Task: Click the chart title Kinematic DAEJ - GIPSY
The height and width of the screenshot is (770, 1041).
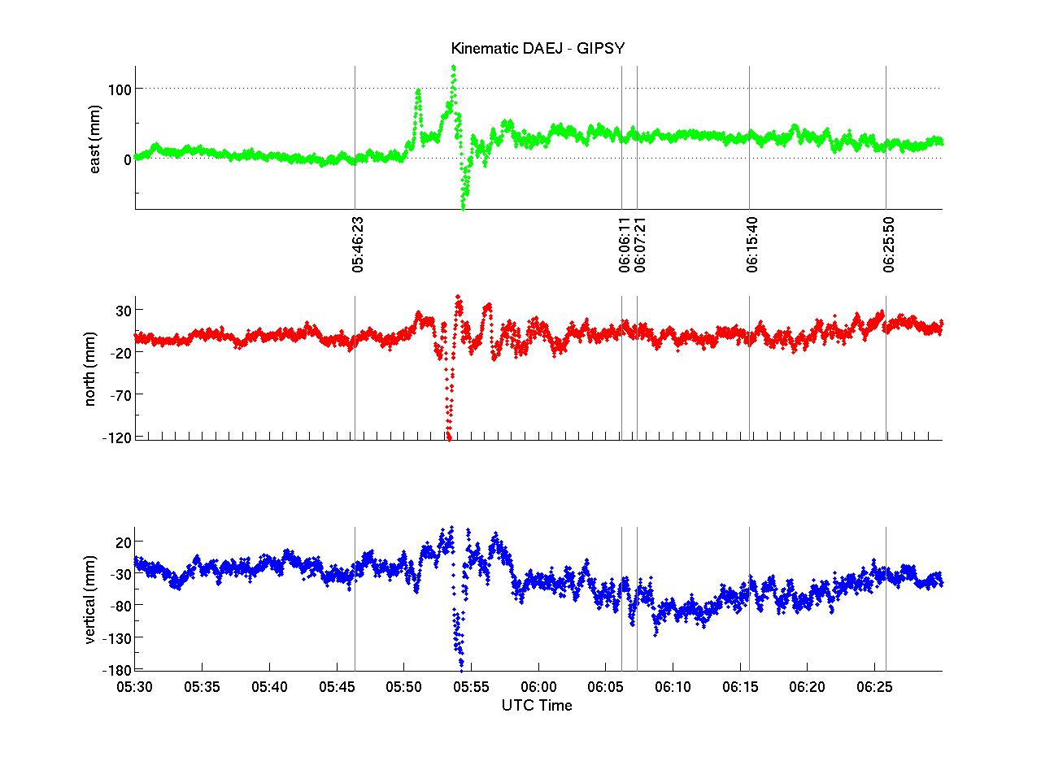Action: click(538, 50)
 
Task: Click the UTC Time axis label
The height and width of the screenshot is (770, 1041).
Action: click(537, 705)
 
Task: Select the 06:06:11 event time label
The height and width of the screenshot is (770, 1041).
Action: click(625, 243)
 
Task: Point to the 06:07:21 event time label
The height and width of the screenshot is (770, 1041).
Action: click(640, 243)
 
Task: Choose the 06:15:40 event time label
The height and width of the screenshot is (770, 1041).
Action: click(752, 243)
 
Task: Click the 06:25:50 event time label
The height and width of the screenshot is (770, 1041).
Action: click(889, 243)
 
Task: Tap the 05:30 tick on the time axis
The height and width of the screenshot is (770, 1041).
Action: click(135, 687)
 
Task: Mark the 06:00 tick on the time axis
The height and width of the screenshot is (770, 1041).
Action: click(538, 687)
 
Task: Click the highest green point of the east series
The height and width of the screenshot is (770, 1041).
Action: click(453, 67)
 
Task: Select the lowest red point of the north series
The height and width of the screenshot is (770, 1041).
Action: click(449, 438)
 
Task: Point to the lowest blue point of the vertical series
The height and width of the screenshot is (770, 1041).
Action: click(461, 669)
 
